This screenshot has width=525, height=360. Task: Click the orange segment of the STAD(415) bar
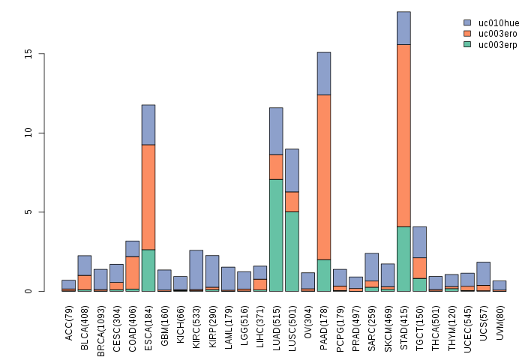(x=403, y=135)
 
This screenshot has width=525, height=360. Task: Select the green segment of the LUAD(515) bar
(x=276, y=235)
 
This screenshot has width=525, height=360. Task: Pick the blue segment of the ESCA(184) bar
(x=148, y=124)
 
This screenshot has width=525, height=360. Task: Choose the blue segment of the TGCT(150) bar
(x=419, y=241)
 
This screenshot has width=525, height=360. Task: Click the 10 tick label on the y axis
(x=28, y=133)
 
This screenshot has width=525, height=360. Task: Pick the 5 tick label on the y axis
(x=31, y=212)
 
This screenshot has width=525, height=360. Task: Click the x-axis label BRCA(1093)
(x=100, y=322)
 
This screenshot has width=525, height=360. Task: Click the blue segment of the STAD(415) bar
(x=403, y=28)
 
